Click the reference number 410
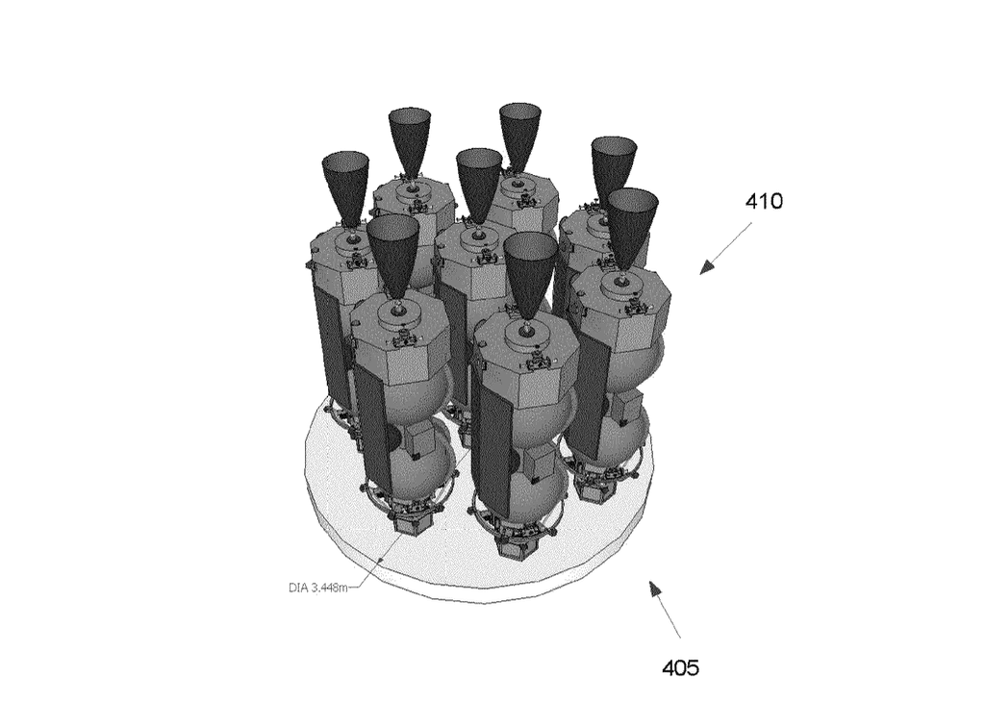pos(764,202)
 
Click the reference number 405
pos(680,667)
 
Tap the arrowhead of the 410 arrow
pos(707,267)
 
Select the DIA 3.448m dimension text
pos(317,588)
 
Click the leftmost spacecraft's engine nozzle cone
pos(345,187)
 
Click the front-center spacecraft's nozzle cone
pos(531,272)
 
